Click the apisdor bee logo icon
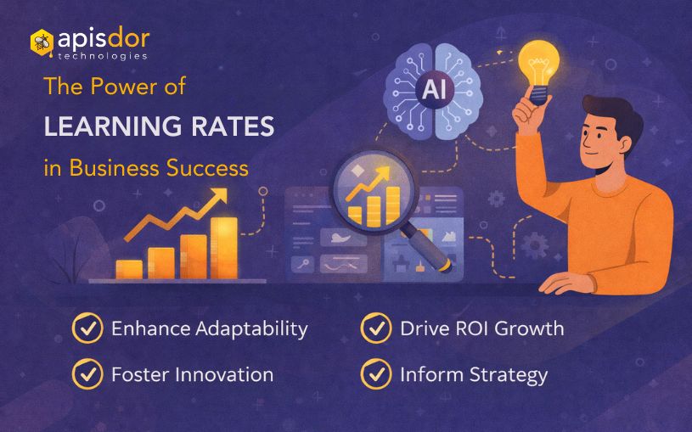pos(42,42)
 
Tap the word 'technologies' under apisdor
pos(103,56)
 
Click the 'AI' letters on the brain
pos(436,87)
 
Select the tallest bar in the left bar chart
pos(223,247)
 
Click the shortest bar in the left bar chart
pos(129,268)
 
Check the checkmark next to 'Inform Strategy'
pos(375,374)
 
